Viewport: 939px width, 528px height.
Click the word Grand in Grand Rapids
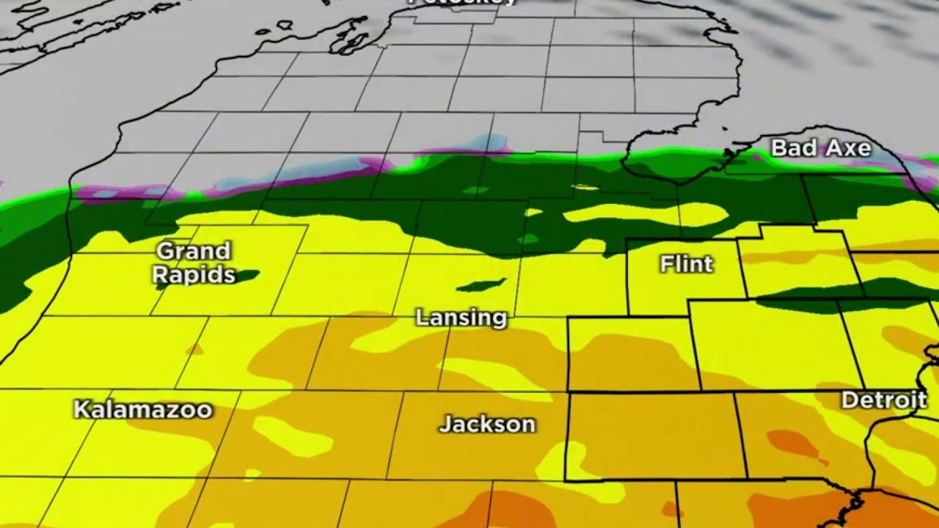click(194, 252)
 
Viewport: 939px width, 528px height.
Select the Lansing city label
click(461, 318)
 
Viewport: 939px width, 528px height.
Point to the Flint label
click(686, 264)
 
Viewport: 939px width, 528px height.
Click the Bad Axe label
click(821, 149)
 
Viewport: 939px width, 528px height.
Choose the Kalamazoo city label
click(143, 410)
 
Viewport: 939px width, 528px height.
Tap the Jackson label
click(487, 424)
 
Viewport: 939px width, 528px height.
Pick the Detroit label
click(884, 400)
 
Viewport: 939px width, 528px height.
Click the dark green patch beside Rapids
click(246, 276)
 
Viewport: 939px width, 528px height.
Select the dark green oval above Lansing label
click(481, 285)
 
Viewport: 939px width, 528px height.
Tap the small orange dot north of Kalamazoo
click(195, 350)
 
